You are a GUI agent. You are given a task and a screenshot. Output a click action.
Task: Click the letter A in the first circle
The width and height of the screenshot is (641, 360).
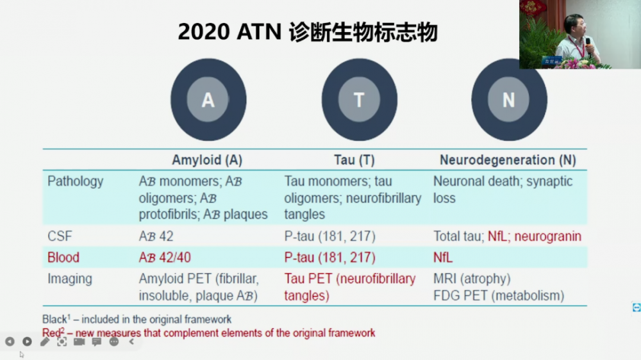coord(208,100)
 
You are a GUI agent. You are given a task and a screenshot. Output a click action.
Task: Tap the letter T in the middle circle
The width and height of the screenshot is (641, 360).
coord(359,100)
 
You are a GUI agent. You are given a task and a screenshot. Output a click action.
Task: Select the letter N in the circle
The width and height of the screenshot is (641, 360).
coord(508,100)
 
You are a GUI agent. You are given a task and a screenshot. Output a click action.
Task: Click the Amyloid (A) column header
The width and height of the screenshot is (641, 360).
coord(207,160)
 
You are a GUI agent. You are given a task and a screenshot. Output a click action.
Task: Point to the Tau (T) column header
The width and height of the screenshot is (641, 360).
coord(354,160)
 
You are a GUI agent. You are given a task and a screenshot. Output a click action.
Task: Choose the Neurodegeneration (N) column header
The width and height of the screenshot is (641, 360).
coord(508,160)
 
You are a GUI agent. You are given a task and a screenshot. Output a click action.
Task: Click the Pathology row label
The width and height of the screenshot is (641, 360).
coord(76,181)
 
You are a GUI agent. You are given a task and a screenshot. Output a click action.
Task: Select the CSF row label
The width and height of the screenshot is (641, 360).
coord(60,236)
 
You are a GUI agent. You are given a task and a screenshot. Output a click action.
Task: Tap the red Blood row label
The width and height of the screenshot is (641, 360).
coord(63,258)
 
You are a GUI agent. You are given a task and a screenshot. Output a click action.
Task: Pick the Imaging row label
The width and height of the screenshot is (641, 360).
coord(70,279)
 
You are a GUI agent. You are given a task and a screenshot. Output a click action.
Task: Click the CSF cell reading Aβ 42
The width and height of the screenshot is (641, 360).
coord(156,236)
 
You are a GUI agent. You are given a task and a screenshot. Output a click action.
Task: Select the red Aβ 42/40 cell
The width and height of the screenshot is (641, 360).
coord(165,258)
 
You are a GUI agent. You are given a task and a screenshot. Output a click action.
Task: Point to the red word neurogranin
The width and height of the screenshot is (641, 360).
coord(548,236)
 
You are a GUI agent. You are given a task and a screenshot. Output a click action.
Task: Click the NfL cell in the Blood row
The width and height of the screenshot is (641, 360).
coord(443,258)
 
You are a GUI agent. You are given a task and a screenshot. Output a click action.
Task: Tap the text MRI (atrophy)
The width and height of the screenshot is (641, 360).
coord(472,279)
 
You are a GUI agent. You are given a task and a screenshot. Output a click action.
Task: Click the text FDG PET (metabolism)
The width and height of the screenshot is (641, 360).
coord(499,295)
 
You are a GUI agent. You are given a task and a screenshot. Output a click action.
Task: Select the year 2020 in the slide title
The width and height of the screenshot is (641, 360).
coord(204,32)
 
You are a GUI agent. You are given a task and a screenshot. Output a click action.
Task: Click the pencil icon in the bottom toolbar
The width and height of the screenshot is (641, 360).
coord(45,341)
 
